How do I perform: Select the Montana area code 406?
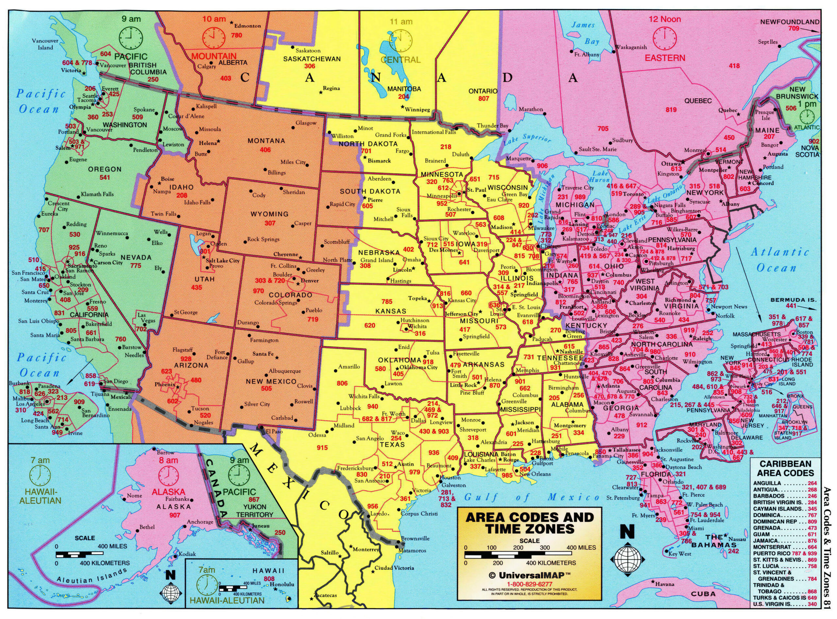pyautogui.click(x=265, y=150)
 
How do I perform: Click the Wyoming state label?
pyautogui.click(x=269, y=214)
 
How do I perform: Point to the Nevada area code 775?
pyautogui.click(x=136, y=266)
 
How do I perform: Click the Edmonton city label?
pyautogui.click(x=247, y=26)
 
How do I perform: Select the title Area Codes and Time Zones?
pyautogui.click(x=529, y=523)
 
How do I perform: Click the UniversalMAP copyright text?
pyautogui.click(x=529, y=575)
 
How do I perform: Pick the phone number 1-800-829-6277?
pyautogui.click(x=529, y=584)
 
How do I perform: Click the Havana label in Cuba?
pyautogui.click(x=665, y=584)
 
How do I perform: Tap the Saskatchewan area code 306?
pyautogui.click(x=310, y=66)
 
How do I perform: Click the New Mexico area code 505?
pyautogui.click(x=266, y=388)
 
